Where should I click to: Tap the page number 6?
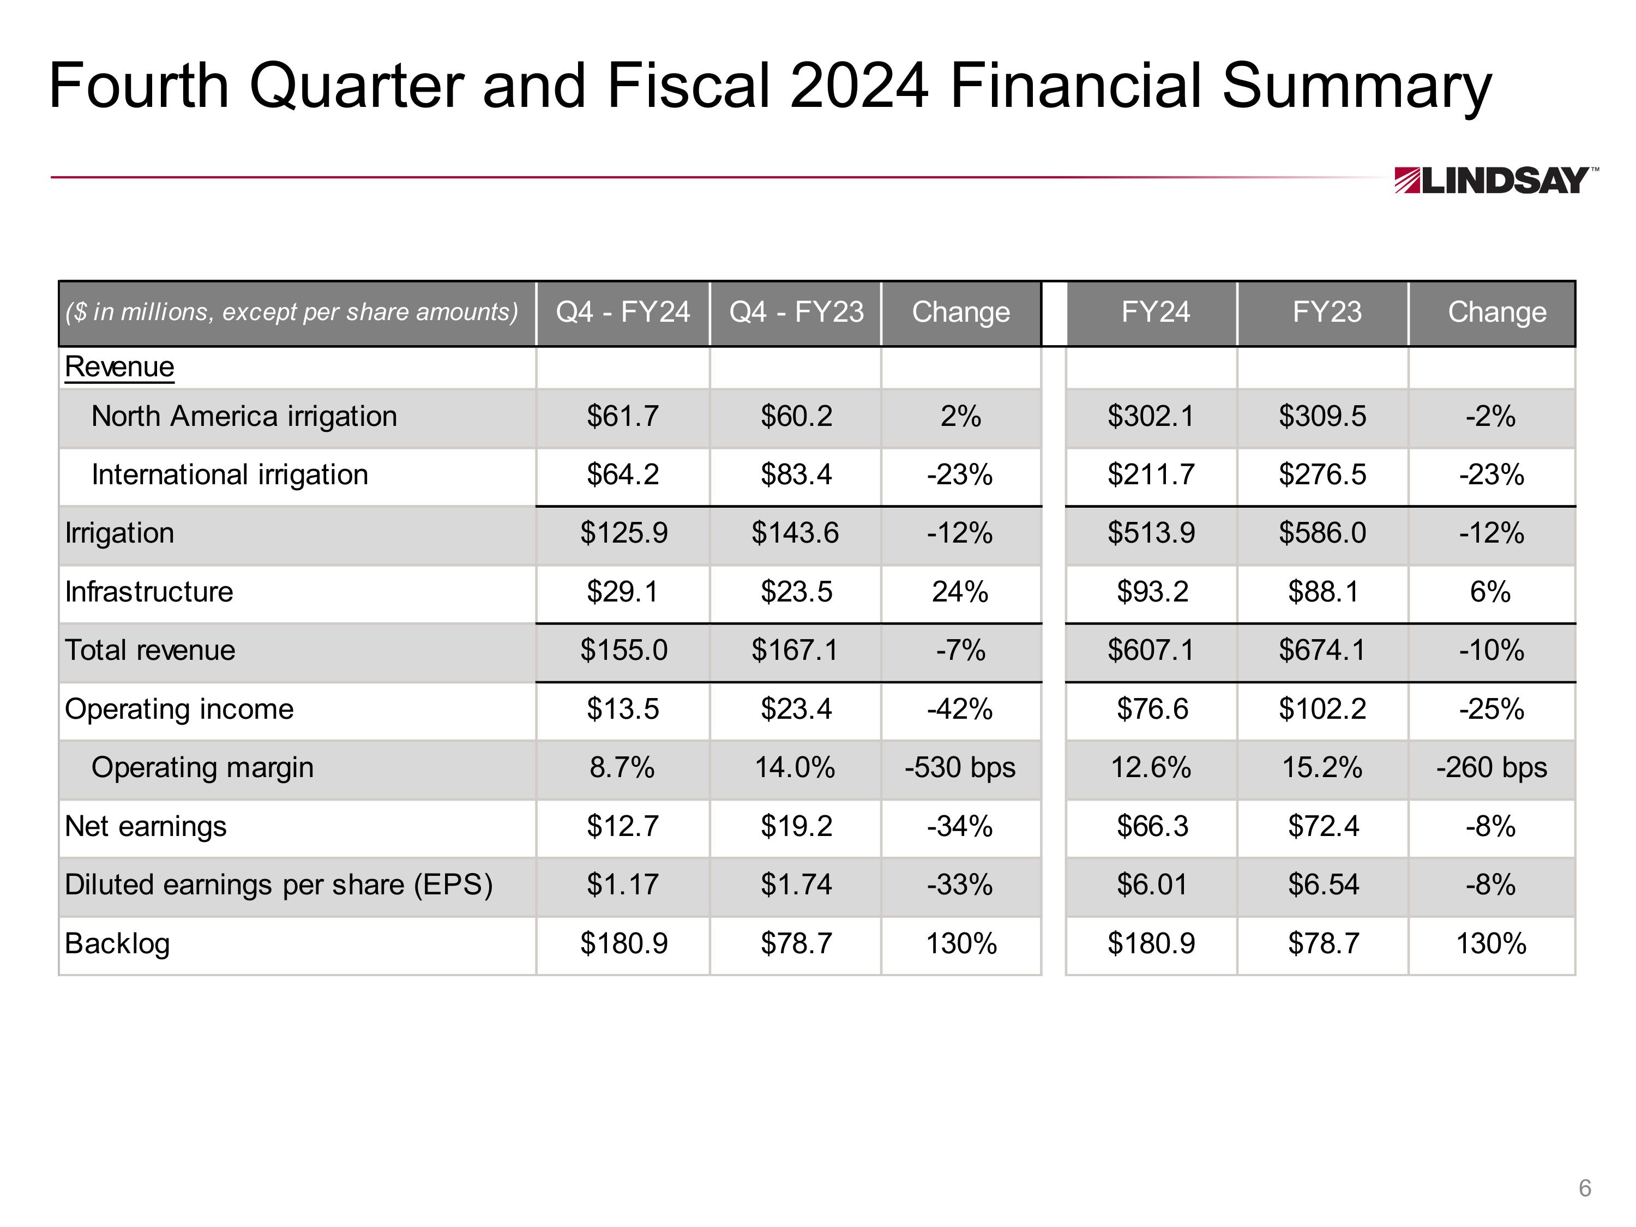pyautogui.click(x=1584, y=1187)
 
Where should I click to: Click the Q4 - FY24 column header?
pyautogui.click(x=623, y=312)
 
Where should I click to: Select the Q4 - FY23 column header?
pyautogui.click(x=796, y=312)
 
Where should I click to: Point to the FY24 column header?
pyautogui.click(x=1155, y=312)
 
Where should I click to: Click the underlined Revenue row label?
pyautogui.click(x=119, y=367)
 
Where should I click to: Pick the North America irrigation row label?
pyautogui.click(x=244, y=417)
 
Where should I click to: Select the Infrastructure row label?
pyautogui.click(x=149, y=592)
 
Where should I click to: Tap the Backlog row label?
pyautogui.click(x=117, y=944)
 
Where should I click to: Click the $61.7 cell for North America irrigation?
pyautogui.click(x=623, y=417)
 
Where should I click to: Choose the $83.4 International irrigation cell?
pyautogui.click(x=796, y=475)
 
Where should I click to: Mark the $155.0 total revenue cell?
pyautogui.click(x=623, y=650)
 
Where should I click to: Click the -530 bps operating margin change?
pyautogui.click(x=960, y=768)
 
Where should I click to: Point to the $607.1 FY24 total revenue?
pyautogui.click(x=1151, y=650)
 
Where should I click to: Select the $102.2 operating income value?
pyautogui.click(x=1322, y=709)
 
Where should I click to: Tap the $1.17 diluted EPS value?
pyautogui.click(x=623, y=885)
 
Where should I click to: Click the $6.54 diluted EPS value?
pyautogui.click(x=1323, y=885)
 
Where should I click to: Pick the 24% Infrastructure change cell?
pyautogui.click(x=960, y=592)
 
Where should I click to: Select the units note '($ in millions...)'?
pyautogui.click(x=291, y=312)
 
